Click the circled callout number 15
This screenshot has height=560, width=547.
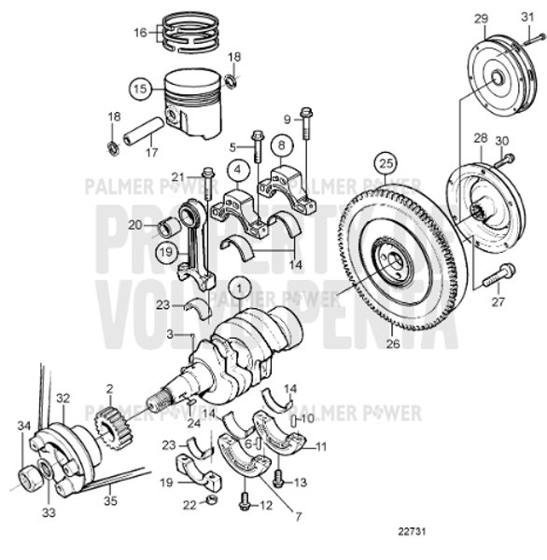pos(140,90)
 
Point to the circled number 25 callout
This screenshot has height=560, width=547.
pos(386,167)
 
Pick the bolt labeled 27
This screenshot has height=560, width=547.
pos(499,275)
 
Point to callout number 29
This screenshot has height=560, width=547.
pos(481,19)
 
